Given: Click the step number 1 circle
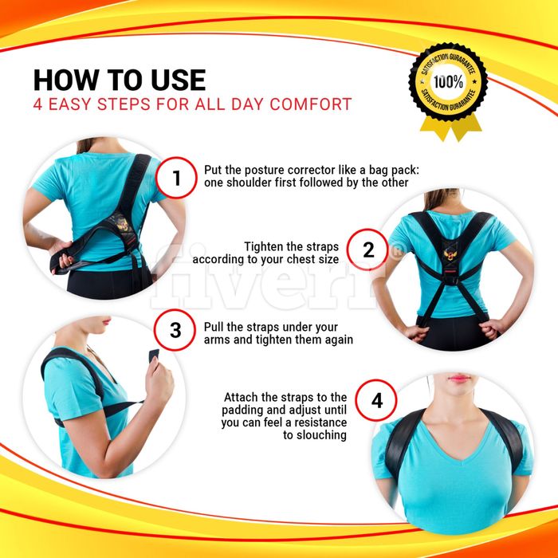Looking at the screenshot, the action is tap(176, 178).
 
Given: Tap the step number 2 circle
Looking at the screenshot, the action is tap(367, 250).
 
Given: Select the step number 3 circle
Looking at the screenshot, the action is tap(175, 330).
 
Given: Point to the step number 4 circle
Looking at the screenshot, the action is tap(376, 400).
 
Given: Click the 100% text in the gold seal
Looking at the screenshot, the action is tap(448, 82).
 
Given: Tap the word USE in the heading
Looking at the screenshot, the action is tap(179, 80).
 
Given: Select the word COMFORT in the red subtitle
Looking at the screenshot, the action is tap(311, 104).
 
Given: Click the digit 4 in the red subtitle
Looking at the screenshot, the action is tap(37, 104).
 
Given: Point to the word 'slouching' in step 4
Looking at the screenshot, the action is tap(315, 435).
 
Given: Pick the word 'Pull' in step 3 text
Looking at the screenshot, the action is tap(214, 327).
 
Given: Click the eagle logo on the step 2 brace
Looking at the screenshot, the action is tap(450, 253).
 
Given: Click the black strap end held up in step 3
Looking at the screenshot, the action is tap(154, 356).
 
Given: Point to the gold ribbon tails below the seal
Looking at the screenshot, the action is tap(451, 128).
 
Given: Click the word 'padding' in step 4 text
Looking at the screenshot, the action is tap(242, 410).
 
